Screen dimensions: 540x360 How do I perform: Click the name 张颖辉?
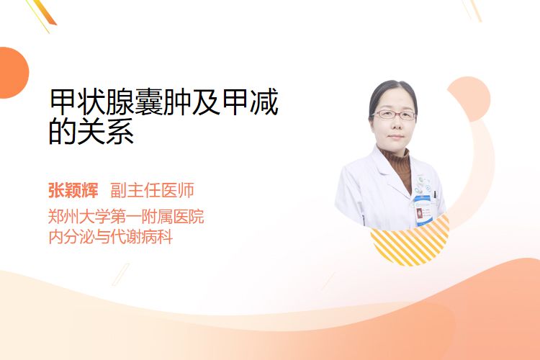point(73,190)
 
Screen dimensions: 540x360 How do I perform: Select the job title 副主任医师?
point(152,190)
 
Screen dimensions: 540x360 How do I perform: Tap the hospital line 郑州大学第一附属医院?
point(126,217)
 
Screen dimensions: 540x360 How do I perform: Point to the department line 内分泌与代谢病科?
point(111,237)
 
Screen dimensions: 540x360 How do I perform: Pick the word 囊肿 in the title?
point(163,102)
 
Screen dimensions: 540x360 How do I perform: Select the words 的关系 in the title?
point(91,131)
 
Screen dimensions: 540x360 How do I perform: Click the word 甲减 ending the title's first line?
point(250,102)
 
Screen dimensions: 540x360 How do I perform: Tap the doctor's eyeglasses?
point(395,114)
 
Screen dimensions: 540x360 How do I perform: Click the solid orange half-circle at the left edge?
point(13,73)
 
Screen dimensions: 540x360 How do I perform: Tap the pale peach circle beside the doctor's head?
point(469,99)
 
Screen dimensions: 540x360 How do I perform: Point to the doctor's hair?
point(392,94)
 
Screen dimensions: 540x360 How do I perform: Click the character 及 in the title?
point(206,102)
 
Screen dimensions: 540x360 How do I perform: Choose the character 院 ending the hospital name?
point(196,217)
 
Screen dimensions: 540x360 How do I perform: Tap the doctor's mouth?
point(395,136)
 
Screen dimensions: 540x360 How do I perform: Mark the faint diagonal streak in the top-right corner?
point(472,9)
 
